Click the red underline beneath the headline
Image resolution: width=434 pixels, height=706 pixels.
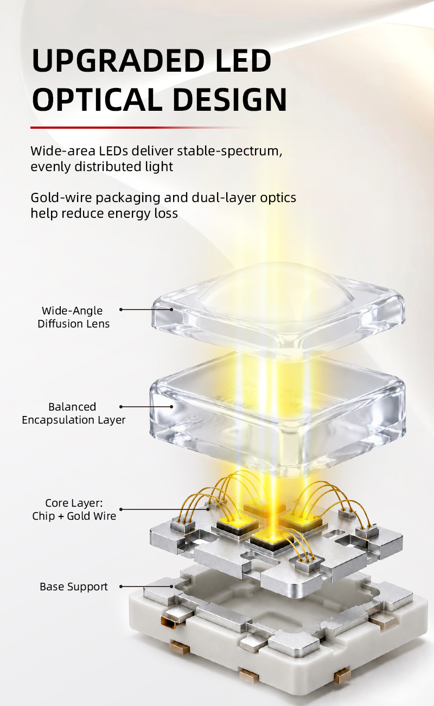pyautogui.click(x=138, y=127)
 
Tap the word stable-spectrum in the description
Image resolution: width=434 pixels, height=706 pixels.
pyautogui.click(x=229, y=152)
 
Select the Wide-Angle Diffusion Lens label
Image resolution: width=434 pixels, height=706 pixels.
pyautogui.click(x=73, y=317)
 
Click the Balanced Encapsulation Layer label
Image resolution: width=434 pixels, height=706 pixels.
pyautogui.click(x=73, y=413)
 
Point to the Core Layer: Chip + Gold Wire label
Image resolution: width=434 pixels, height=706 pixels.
pyautogui.click(x=74, y=509)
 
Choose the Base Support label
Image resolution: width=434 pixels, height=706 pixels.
pyautogui.click(x=74, y=587)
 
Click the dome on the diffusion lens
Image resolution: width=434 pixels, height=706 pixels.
pyautogui.click(x=277, y=290)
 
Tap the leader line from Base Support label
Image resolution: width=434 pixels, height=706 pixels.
pyautogui.click(x=146, y=587)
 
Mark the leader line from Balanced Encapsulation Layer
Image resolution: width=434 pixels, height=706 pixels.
pyautogui.click(x=146, y=407)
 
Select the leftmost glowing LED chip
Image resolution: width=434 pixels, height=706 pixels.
pyautogui.click(x=238, y=526)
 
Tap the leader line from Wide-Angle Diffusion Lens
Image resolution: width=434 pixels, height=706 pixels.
pyautogui.click(x=146, y=310)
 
